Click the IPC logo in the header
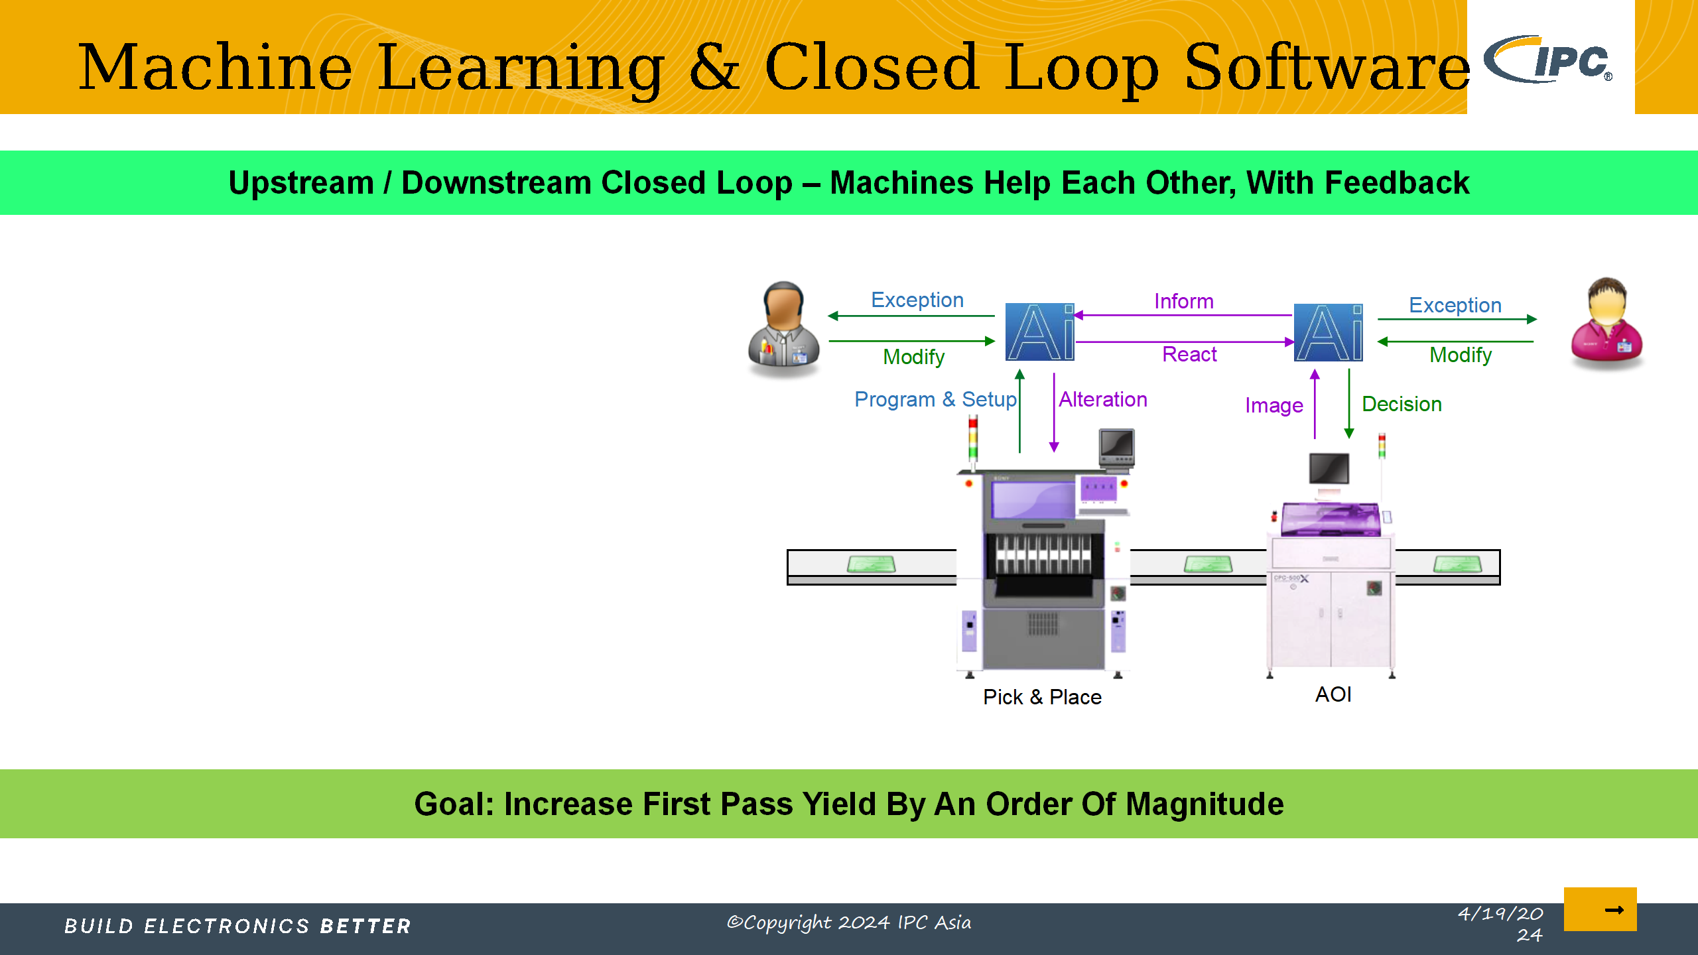coord(1549,60)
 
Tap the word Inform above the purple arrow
coord(1184,301)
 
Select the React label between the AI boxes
coord(1189,354)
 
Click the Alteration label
coord(1103,399)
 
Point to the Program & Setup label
coord(935,399)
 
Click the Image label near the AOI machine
coord(1273,405)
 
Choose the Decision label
coord(1402,404)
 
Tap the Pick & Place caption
coord(1042,697)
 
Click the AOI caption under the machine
coord(1333,694)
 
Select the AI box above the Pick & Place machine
coord(1039,332)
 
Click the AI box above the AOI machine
coord(1328,332)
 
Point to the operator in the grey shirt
coord(783,328)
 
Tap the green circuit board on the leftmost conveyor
coord(872,564)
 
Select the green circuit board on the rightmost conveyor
coord(1457,564)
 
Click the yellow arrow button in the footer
coord(1600,909)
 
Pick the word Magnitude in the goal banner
coord(1205,804)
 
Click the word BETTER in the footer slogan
coord(365,926)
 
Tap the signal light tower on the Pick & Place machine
coord(973,439)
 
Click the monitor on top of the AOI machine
coord(1329,470)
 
